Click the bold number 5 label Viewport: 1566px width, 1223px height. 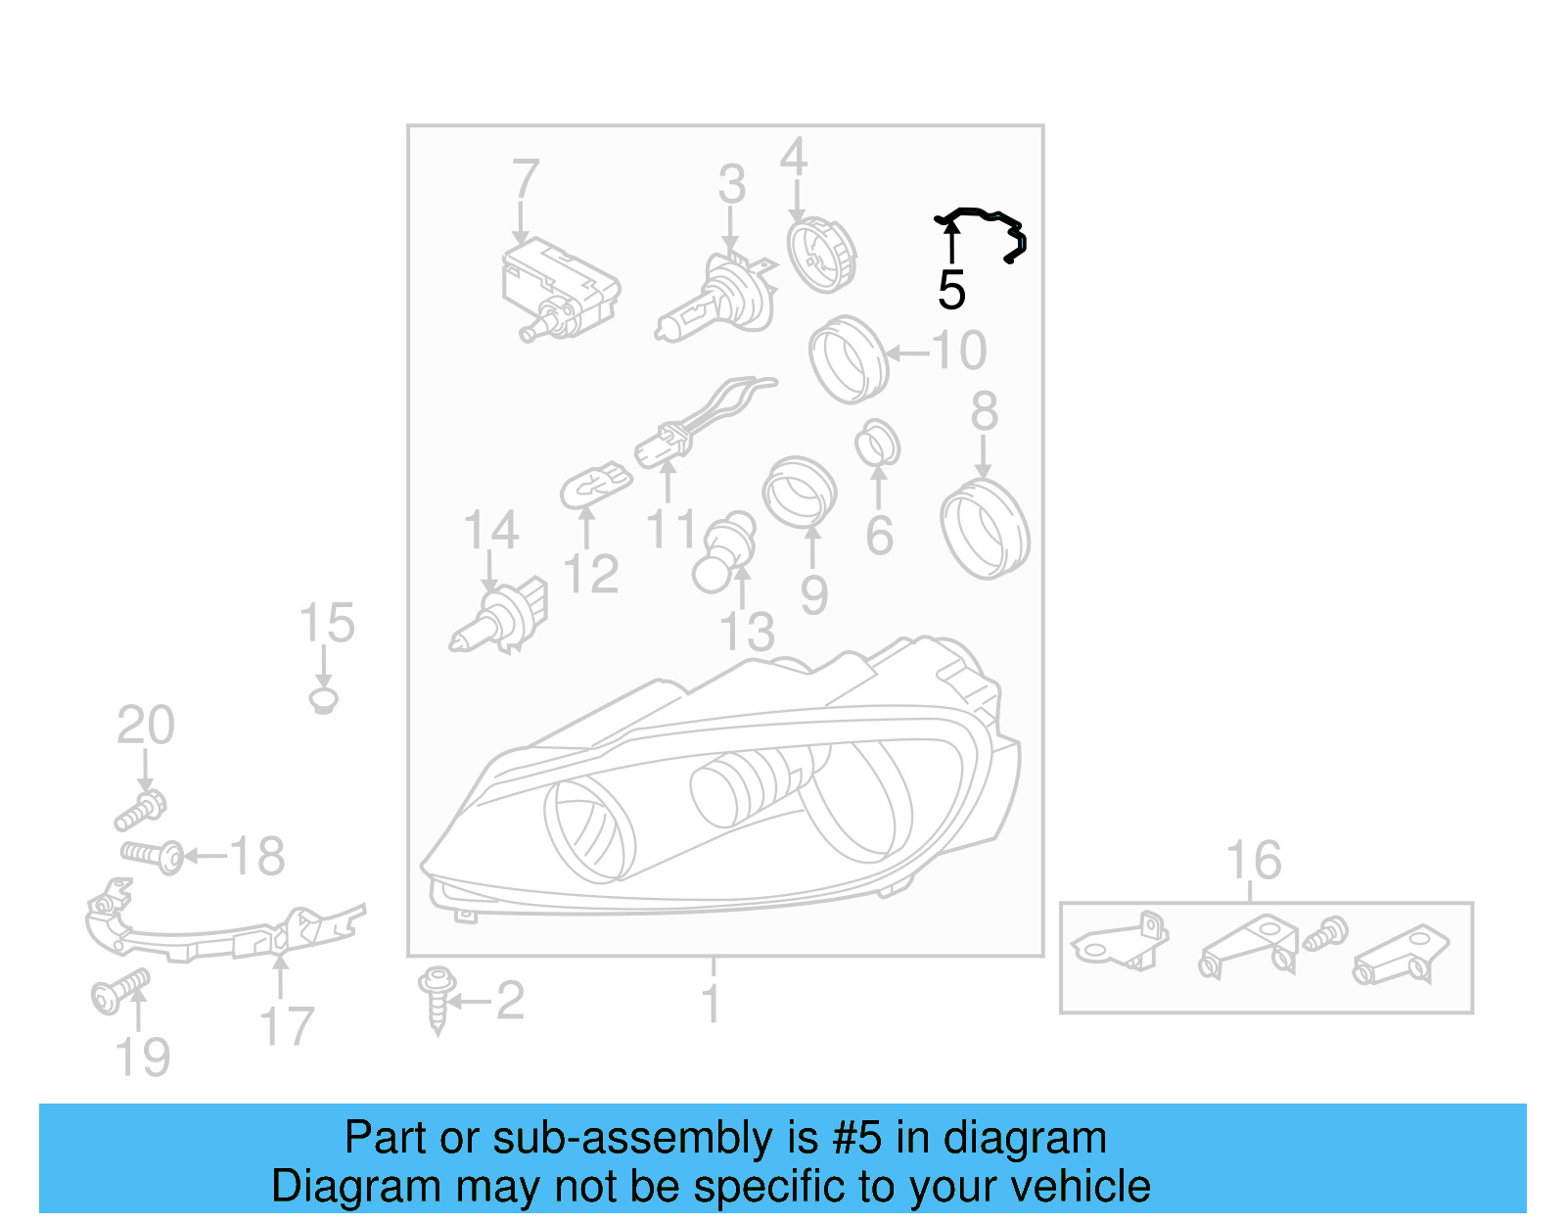click(951, 291)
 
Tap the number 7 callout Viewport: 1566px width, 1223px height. click(526, 179)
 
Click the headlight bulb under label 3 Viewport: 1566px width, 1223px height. click(717, 299)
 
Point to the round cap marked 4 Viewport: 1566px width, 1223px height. click(821, 255)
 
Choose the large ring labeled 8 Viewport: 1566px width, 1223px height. click(986, 528)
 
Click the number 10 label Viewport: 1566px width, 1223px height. click(959, 351)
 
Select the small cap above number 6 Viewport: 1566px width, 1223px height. click(878, 442)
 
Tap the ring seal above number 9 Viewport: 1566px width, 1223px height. click(800, 492)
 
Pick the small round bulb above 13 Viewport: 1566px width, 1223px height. click(724, 552)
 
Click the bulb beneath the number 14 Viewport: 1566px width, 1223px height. click(499, 616)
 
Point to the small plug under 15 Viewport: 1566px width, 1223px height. click(324, 700)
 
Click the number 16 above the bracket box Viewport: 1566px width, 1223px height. click(1254, 860)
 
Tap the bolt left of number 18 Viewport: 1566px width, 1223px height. click(152, 857)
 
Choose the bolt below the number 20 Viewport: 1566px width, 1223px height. click(141, 810)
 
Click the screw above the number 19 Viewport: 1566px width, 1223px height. click(120, 992)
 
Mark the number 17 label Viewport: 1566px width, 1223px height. click(287, 1026)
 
